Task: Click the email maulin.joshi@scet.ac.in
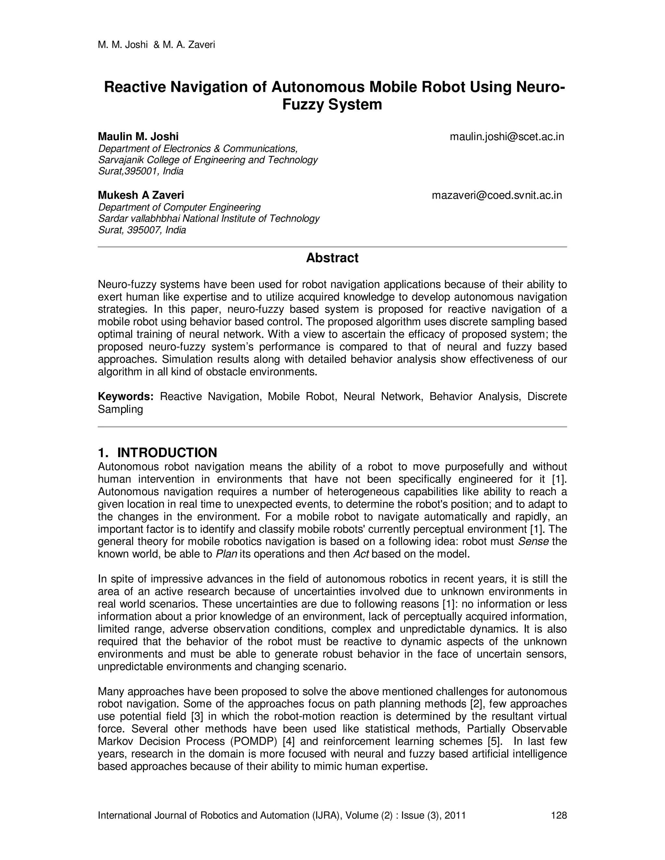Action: click(507, 137)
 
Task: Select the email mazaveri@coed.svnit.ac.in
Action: click(497, 195)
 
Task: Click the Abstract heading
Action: click(332, 258)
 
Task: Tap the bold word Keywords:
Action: click(125, 397)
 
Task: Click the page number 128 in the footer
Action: click(558, 815)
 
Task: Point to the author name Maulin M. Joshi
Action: click(138, 137)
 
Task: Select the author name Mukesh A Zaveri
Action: click(141, 195)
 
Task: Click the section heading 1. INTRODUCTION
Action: click(157, 452)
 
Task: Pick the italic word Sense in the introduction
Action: click(533, 541)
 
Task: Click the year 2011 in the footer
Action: click(455, 815)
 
